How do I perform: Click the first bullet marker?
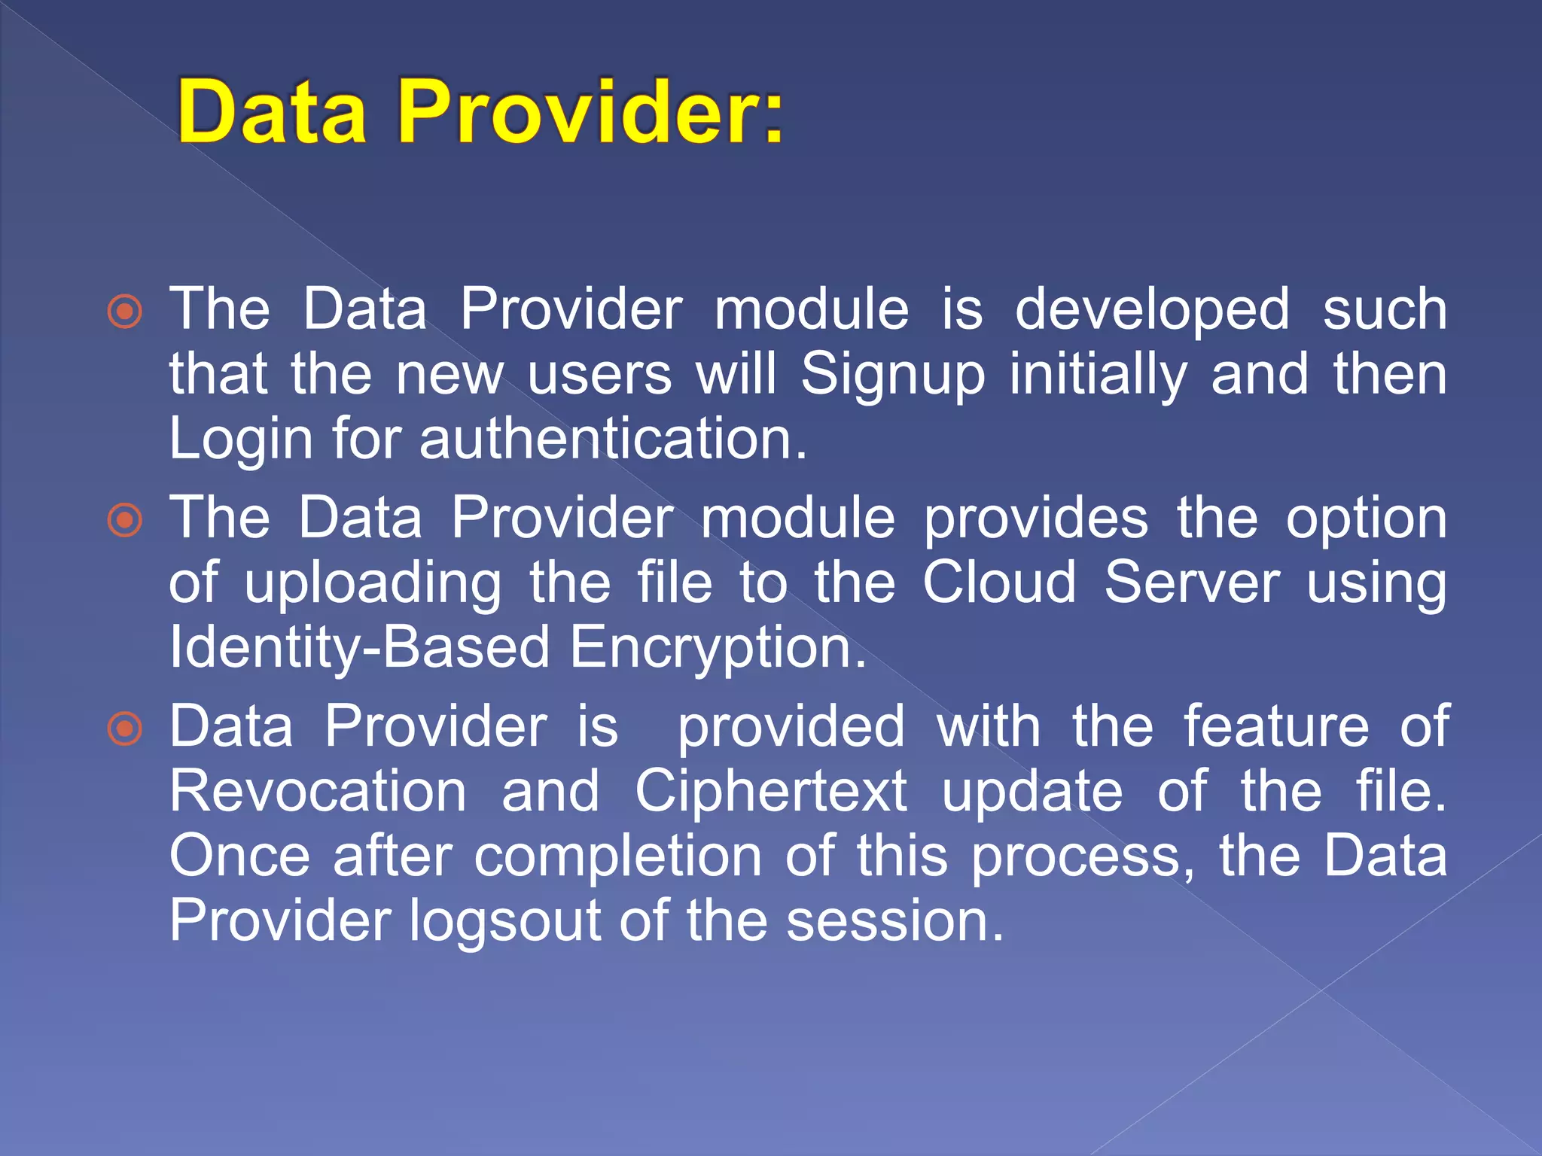pos(125,311)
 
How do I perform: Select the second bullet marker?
pos(125,520)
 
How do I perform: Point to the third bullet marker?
pos(125,729)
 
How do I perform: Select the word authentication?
pos(612,439)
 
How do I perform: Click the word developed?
pos(1152,309)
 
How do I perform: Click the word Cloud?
pos(1000,583)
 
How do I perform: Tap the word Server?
pos(1192,583)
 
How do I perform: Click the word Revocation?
pos(318,791)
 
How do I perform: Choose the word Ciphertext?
pos(771,791)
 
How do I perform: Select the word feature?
pos(1276,726)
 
